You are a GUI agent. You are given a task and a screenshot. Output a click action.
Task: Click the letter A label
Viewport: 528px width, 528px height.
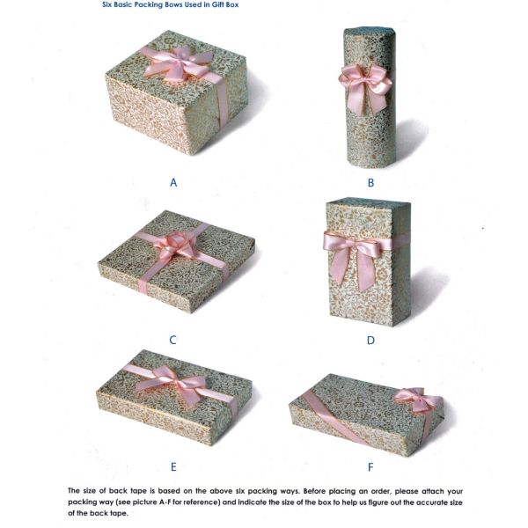tap(173, 182)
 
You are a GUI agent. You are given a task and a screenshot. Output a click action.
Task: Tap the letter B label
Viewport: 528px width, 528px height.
tap(370, 182)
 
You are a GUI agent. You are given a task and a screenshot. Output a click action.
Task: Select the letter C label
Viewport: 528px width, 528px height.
tap(172, 340)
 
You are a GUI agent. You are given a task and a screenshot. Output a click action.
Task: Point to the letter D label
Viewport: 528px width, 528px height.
tap(370, 340)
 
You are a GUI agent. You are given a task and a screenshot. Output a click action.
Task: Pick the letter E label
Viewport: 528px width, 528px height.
tap(173, 467)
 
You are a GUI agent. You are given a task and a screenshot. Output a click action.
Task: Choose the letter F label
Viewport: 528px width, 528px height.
tap(370, 467)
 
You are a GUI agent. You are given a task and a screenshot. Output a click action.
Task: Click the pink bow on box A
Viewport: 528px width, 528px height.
tap(178, 64)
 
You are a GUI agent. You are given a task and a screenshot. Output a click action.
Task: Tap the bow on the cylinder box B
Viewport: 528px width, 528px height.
tap(364, 87)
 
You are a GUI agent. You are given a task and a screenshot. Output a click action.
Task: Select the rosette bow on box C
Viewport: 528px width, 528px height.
tap(175, 246)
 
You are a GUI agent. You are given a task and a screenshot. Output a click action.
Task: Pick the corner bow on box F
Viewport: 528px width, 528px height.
tap(417, 400)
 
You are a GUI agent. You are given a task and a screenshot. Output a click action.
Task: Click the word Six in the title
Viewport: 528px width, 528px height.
tap(107, 4)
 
